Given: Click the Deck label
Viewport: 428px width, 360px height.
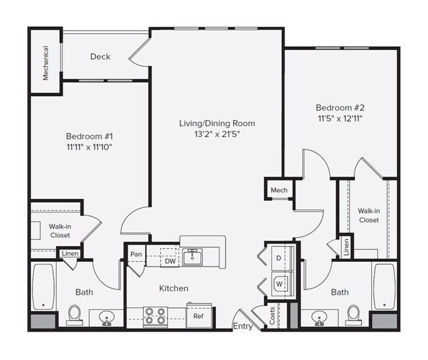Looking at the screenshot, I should tap(100, 57).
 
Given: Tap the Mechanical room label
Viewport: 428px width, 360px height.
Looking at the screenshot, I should tap(46, 63).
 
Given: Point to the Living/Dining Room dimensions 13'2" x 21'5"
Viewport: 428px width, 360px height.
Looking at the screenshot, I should tap(217, 135).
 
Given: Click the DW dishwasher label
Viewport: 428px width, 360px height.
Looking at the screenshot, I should tap(169, 261).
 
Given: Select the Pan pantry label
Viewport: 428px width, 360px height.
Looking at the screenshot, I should tap(136, 254).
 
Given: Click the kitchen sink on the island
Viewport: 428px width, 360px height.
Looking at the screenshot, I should tap(192, 256).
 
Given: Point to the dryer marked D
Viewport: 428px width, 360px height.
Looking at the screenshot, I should tap(278, 259).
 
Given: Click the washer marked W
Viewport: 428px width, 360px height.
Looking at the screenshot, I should tap(278, 284).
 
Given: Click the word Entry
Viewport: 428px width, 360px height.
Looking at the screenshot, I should tap(242, 326).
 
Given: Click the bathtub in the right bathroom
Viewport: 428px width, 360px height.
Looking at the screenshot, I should tap(383, 287).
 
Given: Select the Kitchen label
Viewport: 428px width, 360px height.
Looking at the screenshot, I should tap(174, 288).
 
